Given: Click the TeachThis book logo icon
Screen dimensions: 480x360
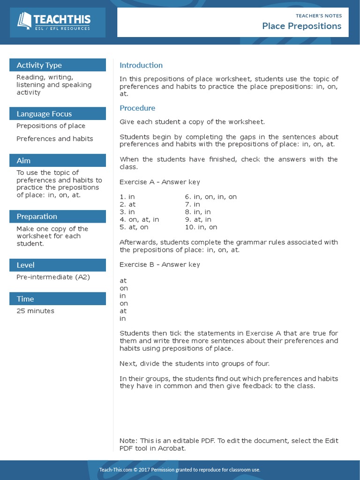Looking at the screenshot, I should [x=24, y=21].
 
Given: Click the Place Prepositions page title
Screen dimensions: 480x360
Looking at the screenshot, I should [x=301, y=26].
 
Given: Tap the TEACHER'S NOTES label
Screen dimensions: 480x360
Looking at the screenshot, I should [x=319, y=15].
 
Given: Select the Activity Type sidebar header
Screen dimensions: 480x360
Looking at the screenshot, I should [x=39, y=65].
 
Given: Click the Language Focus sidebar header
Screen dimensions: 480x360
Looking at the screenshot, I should [x=44, y=114].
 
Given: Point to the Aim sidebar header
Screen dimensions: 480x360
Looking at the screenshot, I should [x=23, y=161].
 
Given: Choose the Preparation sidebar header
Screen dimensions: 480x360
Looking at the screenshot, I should [x=37, y=217].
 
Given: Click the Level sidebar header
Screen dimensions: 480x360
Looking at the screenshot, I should [x=25, y=265].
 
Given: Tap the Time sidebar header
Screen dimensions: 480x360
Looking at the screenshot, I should [x=25, y=299].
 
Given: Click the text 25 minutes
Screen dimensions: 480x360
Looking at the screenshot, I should [x=35, y=311].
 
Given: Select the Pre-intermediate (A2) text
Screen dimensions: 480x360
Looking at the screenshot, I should [x=53, y=277].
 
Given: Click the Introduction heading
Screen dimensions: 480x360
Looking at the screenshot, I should [x=141, y=65].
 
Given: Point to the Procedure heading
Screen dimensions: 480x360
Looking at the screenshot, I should [x=137, y=108].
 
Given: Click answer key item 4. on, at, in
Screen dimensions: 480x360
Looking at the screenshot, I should [x=139, y=219].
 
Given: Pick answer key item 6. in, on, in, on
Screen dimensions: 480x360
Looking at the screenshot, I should [x=210, y=197].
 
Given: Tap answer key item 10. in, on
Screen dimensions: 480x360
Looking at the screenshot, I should [x=201, y=227].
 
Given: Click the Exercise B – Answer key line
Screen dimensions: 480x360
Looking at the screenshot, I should [x=159, y=264].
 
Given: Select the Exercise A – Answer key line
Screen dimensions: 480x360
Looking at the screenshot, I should [x=159, y=182].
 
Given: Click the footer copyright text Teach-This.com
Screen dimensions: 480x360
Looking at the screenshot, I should [x=114, y=470].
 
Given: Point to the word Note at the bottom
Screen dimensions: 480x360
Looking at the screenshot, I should [x=127, y=441].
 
